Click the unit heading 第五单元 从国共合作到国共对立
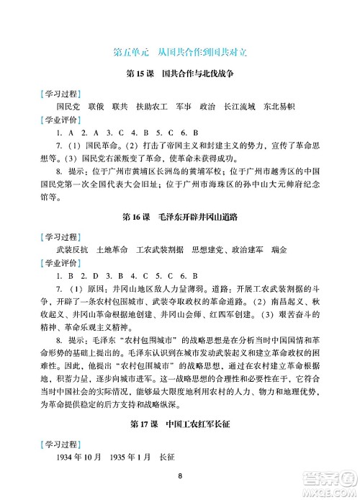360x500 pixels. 180,52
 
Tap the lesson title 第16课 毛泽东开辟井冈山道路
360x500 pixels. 180,215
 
